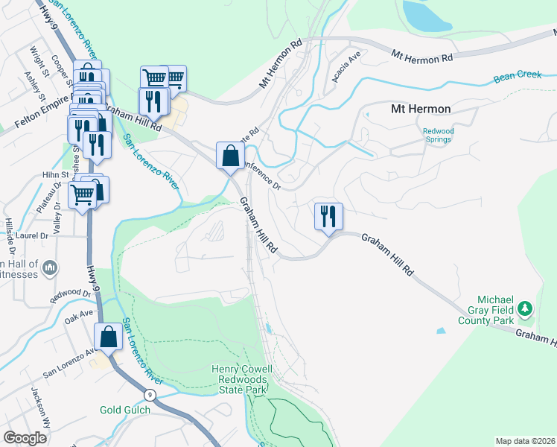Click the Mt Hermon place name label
[421, 109]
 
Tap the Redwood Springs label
[439, 136]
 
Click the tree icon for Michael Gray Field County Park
[525, 308]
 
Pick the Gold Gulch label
[125, 410]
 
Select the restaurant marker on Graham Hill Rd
[328, 217]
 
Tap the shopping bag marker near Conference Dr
[230, 156]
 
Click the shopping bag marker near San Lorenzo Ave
[109, 337]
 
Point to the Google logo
[25, 438]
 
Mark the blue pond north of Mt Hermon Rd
[426, 15]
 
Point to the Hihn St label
[56, 175]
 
